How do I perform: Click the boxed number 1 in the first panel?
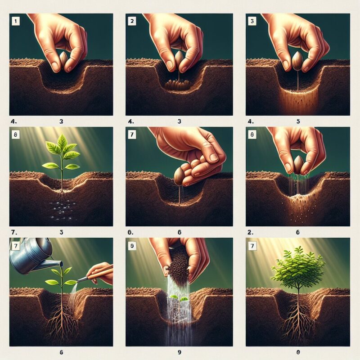point(15,20)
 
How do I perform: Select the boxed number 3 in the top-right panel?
point(251,20)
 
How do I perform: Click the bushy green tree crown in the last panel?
point(298,268)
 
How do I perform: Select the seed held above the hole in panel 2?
point(180,58)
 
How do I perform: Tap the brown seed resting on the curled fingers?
point(179,177)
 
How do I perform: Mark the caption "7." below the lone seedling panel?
point(13,233)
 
